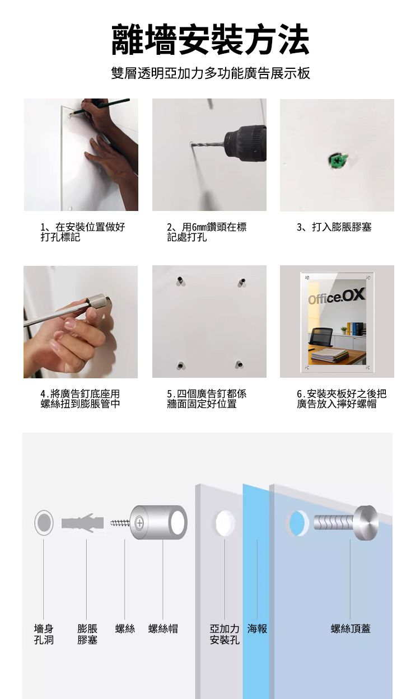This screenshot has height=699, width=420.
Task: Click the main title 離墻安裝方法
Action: tap(210, 40)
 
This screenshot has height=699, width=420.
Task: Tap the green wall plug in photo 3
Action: tap(337, 160)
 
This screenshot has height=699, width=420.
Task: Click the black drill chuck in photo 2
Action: tap(245, 143)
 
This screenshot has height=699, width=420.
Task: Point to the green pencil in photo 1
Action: tap(99, 106)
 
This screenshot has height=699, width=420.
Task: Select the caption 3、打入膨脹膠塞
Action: tap(334, 227)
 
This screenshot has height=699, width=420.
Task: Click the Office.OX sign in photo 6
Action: tap(337, 296)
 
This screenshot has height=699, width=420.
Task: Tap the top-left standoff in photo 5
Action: tap(180, 280)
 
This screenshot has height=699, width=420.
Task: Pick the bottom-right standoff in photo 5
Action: tap(239, 364)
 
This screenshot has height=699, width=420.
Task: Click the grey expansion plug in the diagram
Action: tap(82, 523)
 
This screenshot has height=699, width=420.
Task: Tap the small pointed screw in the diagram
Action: tap(120, 523)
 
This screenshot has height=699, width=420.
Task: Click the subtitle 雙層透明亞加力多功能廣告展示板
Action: tap(211, 73)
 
